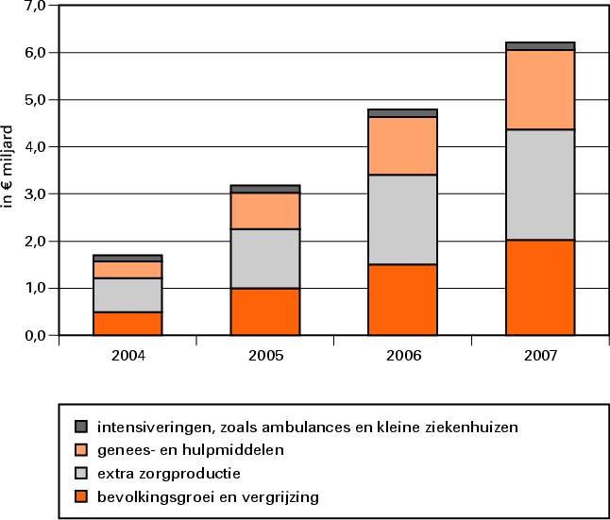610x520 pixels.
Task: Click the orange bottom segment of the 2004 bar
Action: click(127, 323)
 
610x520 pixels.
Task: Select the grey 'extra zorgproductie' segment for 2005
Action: click(265, 259)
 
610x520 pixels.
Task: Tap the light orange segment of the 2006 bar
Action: click(402, 146)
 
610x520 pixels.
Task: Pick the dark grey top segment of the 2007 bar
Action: click(540, 45)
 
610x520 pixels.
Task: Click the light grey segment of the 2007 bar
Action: click(540, 185)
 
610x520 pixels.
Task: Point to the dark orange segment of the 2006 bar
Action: click(402, 299)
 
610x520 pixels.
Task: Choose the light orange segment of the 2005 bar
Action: click(265, 210)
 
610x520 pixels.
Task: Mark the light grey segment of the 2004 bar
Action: click(127, 294)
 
